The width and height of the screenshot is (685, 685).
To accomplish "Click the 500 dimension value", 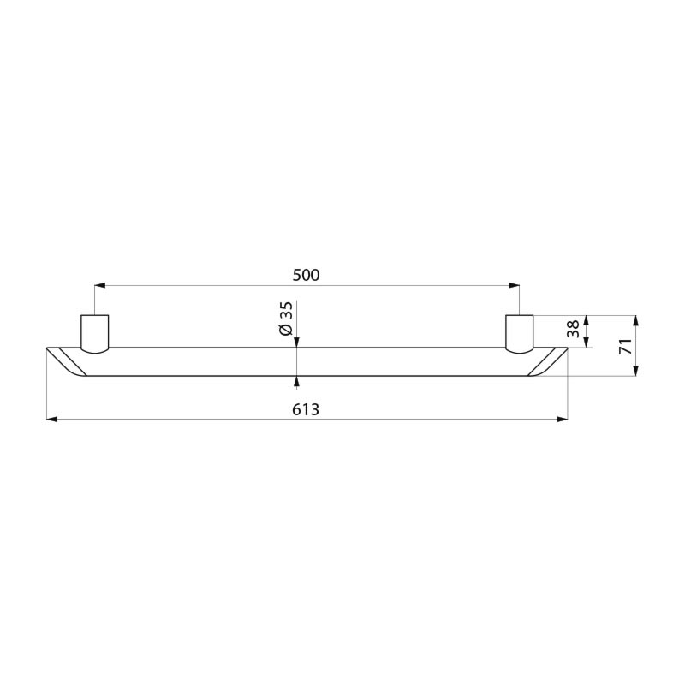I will (x=306, y=275).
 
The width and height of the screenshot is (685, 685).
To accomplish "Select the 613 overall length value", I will (x=306, y=409).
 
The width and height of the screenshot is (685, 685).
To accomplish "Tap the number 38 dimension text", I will (x=573, y=331).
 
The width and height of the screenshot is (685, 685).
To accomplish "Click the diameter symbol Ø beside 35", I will (x=286, y=331).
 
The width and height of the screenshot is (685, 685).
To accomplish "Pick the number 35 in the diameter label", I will (x=286, y=310).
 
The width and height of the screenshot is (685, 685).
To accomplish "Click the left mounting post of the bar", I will (x=94, y=333).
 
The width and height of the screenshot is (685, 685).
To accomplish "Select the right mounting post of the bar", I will (x=519, y=333).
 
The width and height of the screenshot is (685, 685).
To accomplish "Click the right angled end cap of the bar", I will (x=546, y=360).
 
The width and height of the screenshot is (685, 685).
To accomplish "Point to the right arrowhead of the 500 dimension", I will (x=515, y=285).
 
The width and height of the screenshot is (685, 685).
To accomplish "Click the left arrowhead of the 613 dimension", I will (x=51, y=419).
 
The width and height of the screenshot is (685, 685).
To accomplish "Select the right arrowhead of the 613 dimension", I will (x=563, y=419).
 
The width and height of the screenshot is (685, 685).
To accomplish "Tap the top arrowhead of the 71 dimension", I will (x=636, y=321).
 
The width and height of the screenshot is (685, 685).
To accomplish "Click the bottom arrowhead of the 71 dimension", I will (x=636, y=370).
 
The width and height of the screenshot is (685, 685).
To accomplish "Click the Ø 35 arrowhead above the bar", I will (x=296, y=342).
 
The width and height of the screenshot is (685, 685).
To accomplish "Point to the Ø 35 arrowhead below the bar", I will (x=296, y=380).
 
